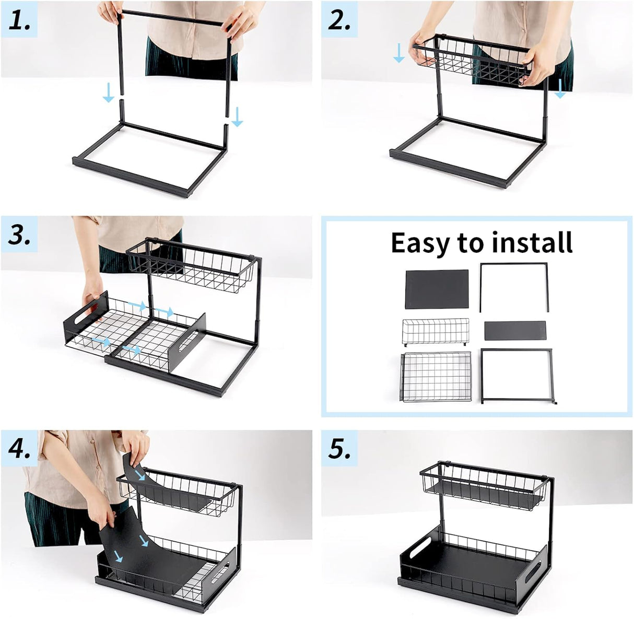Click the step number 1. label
click(x=19, y=20)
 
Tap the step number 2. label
click(x=339, y=20)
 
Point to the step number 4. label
click(x=19, y=449)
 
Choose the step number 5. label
click(x=339, y=449)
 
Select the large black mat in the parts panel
click(x=437, y=289)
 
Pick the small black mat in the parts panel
click(x=515, y=331)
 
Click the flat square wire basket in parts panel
click(x=436, y=377)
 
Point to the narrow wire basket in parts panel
click(x=435, y=332)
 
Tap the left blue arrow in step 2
click(x=398, y=53)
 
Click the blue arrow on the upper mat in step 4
click(x=139, y=474)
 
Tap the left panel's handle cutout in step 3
click(x=83, y=317)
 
